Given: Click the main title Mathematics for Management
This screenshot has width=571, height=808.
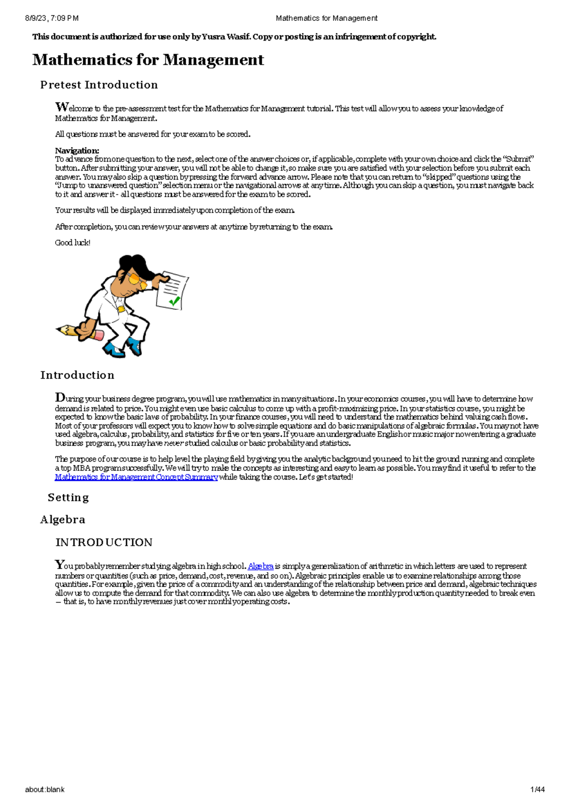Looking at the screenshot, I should click(x=148, y=60).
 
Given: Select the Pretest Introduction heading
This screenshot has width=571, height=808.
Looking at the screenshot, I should click(x=99, y=85).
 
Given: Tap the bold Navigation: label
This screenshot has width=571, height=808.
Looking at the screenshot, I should click(x=77, y=150).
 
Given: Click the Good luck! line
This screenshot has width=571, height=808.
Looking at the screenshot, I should click(x=72, y=243).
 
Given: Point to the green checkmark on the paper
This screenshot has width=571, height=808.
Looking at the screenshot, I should click(x=174, y=301).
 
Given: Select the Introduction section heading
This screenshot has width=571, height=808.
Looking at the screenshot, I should click(x=77, y=375).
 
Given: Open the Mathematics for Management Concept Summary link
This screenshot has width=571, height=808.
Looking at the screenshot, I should click(x=136, y=477).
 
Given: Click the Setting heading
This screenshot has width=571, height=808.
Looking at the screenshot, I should click(x=68, y=497).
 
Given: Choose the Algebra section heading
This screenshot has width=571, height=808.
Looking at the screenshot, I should click(x=62, y=520).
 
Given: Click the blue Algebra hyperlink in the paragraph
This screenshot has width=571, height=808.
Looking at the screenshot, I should click(x=260, y=566).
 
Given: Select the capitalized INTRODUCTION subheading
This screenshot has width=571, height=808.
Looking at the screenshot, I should click(x=104, y=542).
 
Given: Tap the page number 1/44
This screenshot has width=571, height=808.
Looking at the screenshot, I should click(x=537, y=789).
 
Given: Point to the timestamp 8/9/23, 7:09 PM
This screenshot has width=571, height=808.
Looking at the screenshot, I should click(x=51, y=18).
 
